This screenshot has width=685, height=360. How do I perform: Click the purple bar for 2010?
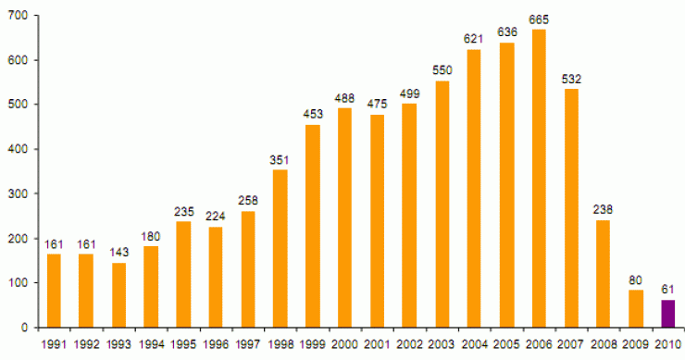coord(667,313)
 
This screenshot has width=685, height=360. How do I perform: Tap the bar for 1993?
coord(118,294)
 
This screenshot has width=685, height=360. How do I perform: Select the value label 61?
coord(667,289)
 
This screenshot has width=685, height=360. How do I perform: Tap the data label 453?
coord(313,114)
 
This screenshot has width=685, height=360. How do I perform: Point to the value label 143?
coord(118,252)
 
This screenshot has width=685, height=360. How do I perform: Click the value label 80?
coord(635,280)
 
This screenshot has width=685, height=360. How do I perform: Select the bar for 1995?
coord(183,274)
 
